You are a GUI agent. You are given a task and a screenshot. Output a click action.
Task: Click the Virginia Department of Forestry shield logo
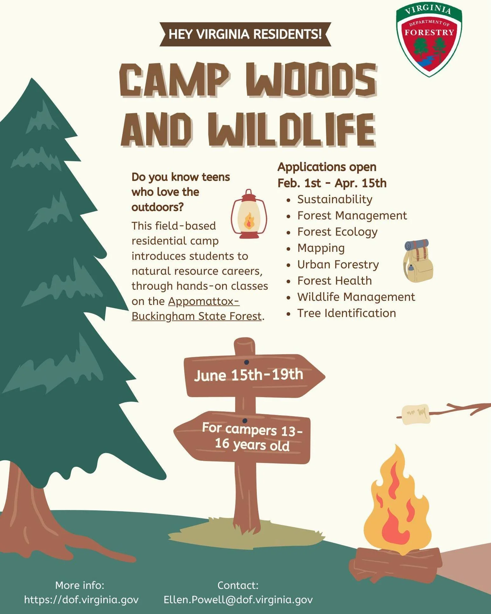pyautogui.click(x=429, y=40)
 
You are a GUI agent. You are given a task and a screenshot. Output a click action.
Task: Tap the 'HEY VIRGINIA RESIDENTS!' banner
pyautogui.click(x=245, y=34)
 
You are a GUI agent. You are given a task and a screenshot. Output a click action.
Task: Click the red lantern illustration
pyautogui.click(x=249, y=214)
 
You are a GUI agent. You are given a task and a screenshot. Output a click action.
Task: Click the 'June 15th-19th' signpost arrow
pyautogui.click(x=251, y=376)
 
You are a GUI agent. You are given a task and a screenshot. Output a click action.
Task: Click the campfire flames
pyautogui.click(x=396, y=506)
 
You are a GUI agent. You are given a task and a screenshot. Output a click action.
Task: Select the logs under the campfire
pyautogui.click(x=396, y=564)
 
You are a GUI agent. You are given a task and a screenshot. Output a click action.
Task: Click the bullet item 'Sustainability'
pyautogui.click(x=335, y=199)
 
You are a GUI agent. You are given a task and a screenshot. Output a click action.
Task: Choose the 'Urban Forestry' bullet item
pyautogui.click(x=338, y=265)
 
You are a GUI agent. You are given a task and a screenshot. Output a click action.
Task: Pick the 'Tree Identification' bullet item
pyautogui.click(x=346, y=313)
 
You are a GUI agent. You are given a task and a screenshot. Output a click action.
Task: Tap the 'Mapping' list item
pyautogui.click(x=321, y=248)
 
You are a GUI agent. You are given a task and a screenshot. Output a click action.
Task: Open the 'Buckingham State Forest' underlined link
pyautogui.click(x=196, y=316)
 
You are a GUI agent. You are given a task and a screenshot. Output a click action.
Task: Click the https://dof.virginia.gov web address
pyautogui.click(x=81, y=600)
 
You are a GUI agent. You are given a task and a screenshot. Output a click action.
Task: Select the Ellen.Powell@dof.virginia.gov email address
pyautogui.click(x=238, y=600)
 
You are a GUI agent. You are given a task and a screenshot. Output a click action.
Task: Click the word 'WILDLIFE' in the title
pyautogui.click(x=292, y=130)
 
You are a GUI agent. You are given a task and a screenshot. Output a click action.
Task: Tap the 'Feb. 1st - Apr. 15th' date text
pyautogui.click(x=332, y=183)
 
